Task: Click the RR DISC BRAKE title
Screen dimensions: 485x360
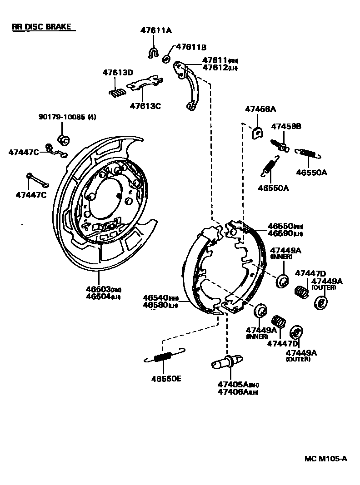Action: pyautogui.click(x=41, y=27)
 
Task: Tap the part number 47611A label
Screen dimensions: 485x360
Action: pyautogui.click(x=155, y=31)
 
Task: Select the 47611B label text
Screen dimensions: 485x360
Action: pyautogui.click(x=191, y=47)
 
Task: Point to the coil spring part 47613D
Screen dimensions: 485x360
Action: pyautogui.click(x=117, y=92)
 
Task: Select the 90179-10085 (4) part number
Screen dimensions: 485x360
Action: pyautogui.click(x=67, y=117)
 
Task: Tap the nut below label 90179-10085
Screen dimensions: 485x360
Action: pyautogui.click(x=63, y=139)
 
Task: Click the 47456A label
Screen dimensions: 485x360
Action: pyautogui.click(x=260, y=109)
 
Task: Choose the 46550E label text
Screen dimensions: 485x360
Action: pyautogui.click(x=166, y=378)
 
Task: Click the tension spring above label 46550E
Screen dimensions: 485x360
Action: pyautogui.click(x=164, y=356)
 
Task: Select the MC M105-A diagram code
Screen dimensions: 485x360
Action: pyautogui.click(x=325, y=459)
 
